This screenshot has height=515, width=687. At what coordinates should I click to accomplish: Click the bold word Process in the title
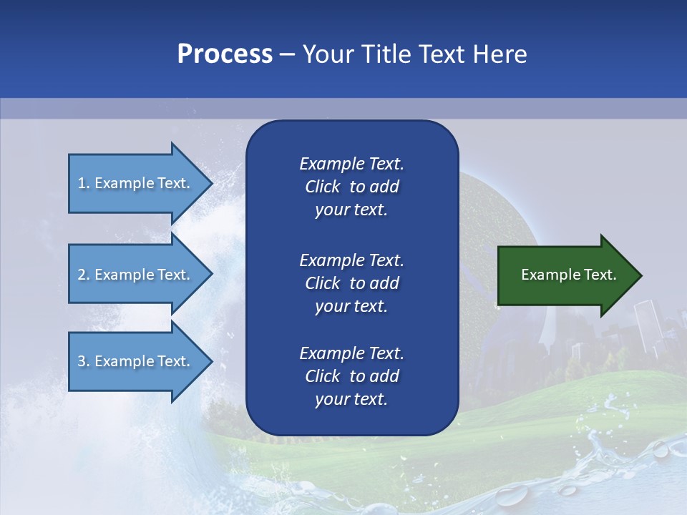[225, 54]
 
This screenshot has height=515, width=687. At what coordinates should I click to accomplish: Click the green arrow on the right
[565, 275]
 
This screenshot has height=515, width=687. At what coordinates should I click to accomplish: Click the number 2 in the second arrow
[82, 275]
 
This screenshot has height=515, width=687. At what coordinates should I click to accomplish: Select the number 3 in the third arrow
[82, 361]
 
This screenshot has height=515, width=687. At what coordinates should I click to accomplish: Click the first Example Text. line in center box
[351, 164]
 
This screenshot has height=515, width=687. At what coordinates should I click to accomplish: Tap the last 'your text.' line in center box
[351, 400]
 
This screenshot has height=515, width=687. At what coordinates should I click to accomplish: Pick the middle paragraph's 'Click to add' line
[351, 283]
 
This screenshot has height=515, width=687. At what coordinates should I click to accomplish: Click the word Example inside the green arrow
[546, 275]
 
